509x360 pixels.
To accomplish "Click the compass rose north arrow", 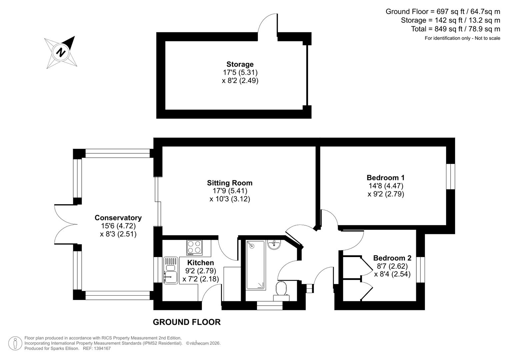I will pyautogui.click(x=61, y=52).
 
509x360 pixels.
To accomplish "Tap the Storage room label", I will pyautogui.click(x=240, y=64).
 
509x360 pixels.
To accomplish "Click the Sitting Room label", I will pyautogui.click(x=230, y=183).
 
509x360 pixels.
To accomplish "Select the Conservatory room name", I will pyautogui.click(x=118, y=218).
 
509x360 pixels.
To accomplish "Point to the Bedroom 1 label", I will pyautogui.click(x=386, y=178).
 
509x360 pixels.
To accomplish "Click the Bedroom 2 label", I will pyautogui.click(x=392, y=258).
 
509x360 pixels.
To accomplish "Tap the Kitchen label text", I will pyautogui.click(x=200, y=263).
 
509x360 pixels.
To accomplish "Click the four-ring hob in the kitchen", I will pyautogui.click(x=194, y=248).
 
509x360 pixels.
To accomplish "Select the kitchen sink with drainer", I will pyautogui.click(x=171, y=270).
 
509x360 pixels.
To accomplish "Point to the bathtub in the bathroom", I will pyautogui.click(x=255, y=265).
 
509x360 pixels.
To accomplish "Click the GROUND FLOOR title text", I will pyautogui.click(x=187, y=322).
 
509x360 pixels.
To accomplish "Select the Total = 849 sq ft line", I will pyautogui.click(x=455, y=29).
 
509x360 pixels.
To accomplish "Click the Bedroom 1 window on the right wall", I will pyautogui.click(x=451, y=176).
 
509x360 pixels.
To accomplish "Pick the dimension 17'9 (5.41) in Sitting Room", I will pyautogui.click(x=230, y=191).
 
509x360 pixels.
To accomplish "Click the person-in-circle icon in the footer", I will pyautogui.click(x=15, y=343).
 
